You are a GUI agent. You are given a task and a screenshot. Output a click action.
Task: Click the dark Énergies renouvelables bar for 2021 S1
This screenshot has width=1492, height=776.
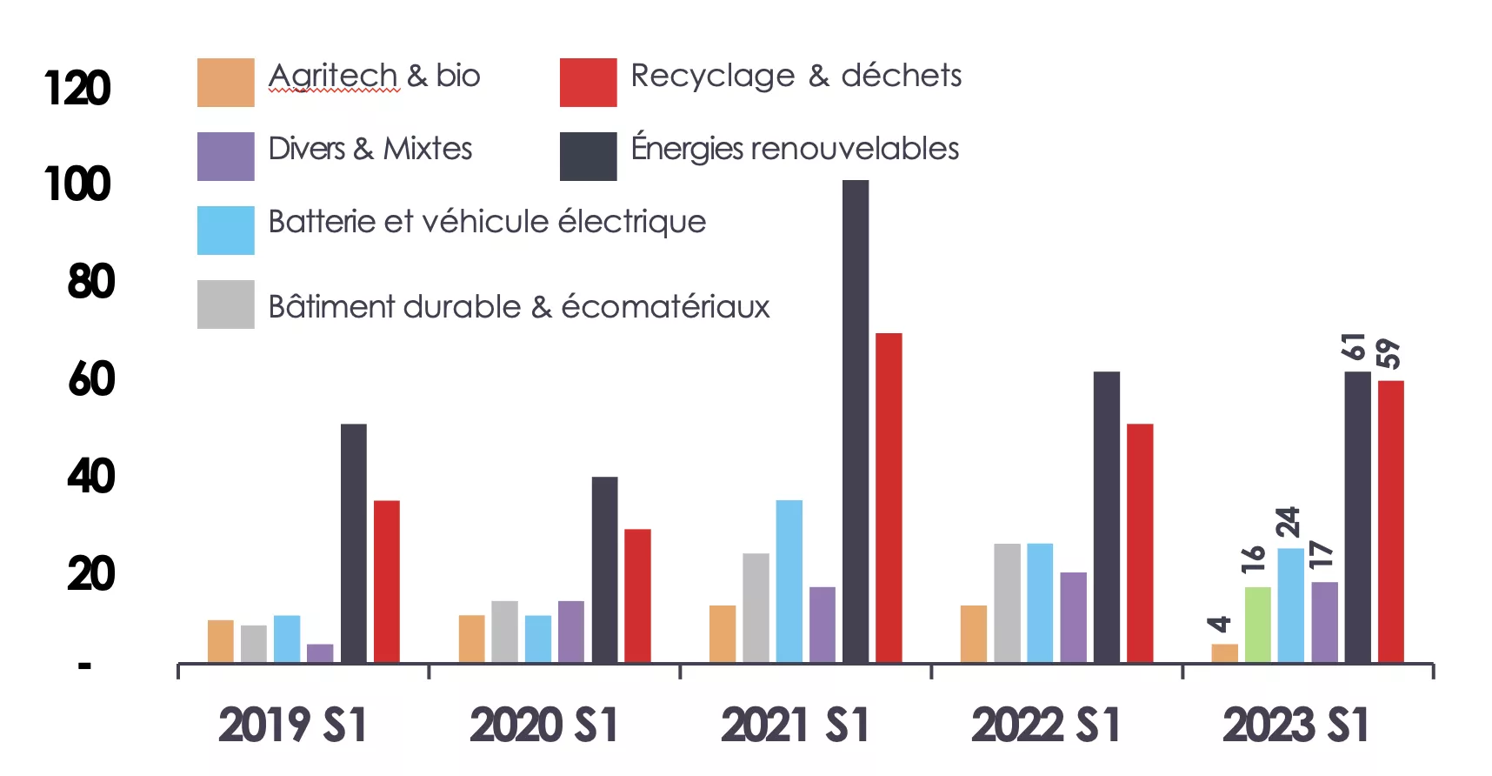click(856, 421)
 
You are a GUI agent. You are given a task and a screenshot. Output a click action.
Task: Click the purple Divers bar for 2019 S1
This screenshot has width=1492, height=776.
click(320, 653)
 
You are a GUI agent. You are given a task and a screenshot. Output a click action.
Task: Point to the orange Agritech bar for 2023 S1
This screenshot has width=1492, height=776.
click(1224, 653)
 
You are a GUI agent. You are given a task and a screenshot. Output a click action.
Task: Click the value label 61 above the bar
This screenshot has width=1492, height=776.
click(1355, 346)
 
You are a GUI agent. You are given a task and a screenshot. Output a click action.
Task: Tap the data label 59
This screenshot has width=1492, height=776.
click(1389, 354)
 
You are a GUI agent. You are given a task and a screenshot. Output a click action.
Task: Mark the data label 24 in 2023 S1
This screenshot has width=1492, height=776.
click(1289, 522)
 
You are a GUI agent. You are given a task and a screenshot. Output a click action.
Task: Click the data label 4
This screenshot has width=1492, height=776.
click(1220, 624)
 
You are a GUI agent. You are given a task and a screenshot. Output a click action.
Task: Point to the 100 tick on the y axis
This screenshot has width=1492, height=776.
click(78, 184)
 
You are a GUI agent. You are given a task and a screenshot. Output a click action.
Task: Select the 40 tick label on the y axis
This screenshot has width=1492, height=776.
click(90, 477)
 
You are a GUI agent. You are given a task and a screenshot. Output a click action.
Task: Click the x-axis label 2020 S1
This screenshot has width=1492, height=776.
click(544, 726)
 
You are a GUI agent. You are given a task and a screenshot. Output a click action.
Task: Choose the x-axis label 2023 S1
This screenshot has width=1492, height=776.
click(1296, 726)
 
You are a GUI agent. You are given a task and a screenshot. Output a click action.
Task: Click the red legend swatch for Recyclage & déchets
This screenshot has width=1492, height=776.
click(588, 83)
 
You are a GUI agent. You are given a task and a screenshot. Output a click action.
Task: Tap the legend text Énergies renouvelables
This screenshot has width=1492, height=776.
click(795, 149)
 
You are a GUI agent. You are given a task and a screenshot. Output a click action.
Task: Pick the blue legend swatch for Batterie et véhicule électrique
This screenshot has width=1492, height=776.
click(225, 231)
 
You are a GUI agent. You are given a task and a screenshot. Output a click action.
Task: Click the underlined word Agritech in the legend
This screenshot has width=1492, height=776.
click(333, 76)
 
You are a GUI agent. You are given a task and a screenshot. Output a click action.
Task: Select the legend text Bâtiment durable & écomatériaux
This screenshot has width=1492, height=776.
click(519, 307)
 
